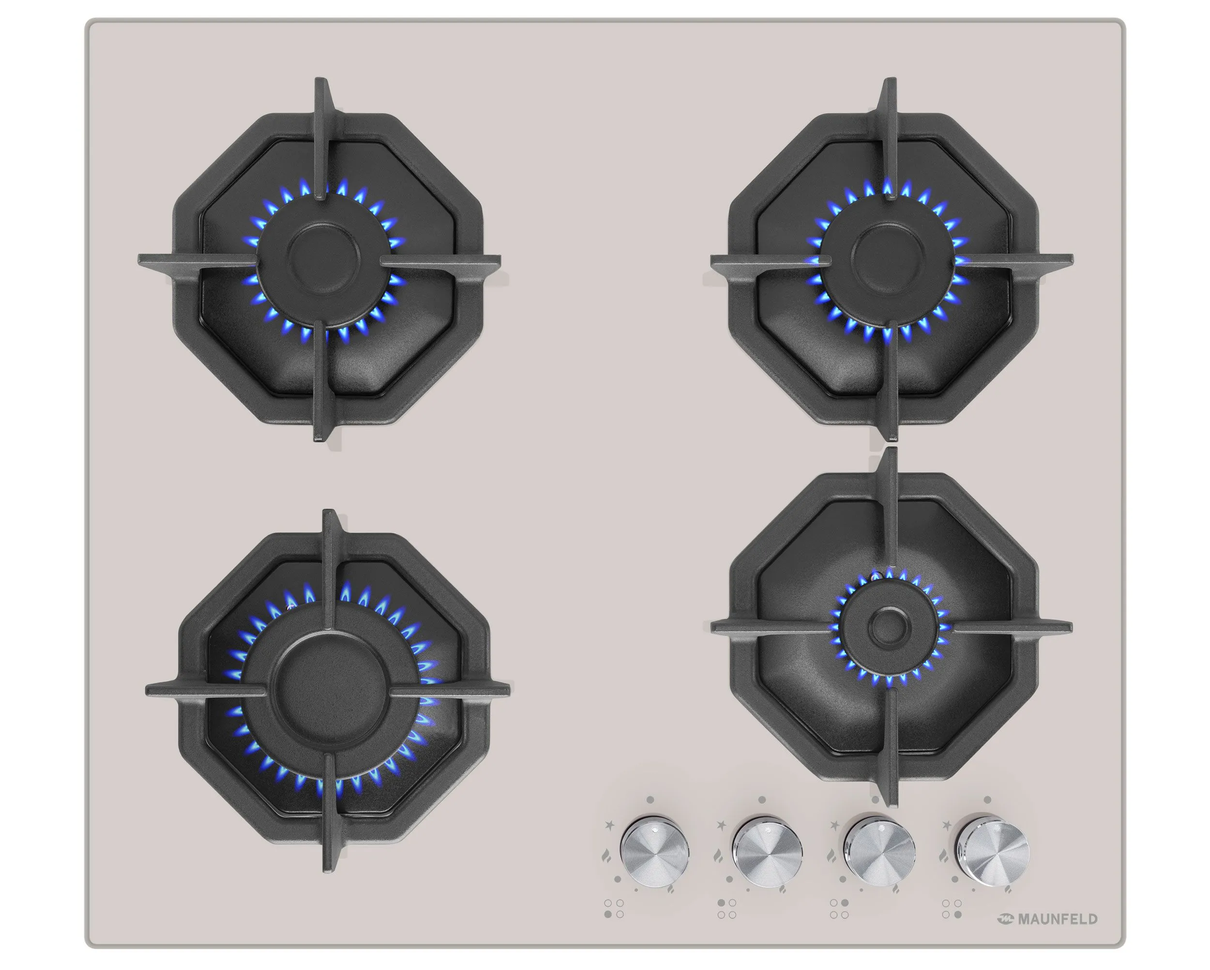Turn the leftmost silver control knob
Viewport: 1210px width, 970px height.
click(654, 851)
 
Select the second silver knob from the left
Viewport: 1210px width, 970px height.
click(767, 851)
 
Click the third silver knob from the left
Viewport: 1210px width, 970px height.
click(880, 850)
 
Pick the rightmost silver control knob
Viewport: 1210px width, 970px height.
click(993, 850)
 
